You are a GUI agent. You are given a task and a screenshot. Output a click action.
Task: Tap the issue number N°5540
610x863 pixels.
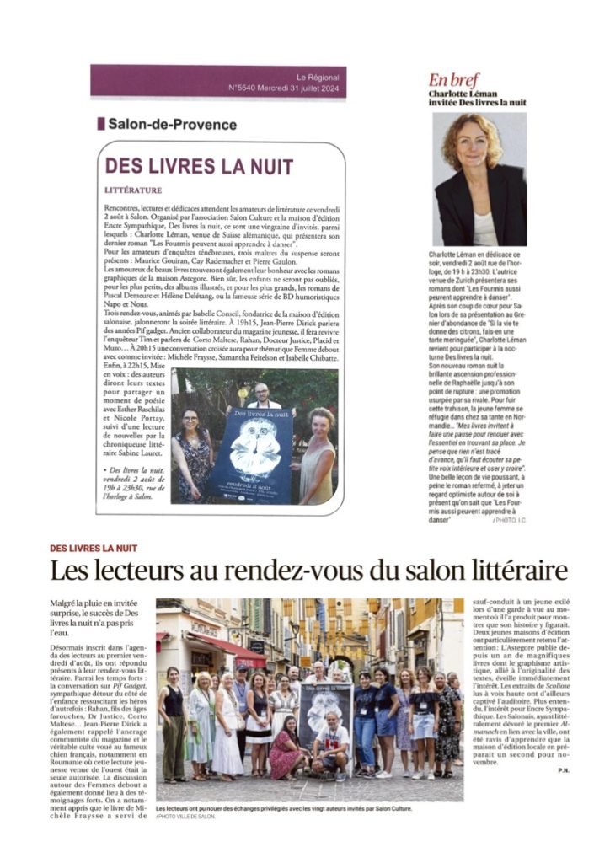(245, 86)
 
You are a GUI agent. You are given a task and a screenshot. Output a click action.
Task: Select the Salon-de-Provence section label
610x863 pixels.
(172, 124)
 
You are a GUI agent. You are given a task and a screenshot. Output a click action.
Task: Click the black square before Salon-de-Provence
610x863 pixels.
(101, 124)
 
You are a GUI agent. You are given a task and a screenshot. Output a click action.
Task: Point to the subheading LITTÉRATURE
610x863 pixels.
(133, 190)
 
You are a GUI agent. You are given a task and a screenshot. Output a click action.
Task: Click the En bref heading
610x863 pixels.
(453, 80)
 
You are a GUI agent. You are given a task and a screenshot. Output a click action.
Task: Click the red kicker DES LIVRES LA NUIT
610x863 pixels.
(93, 549)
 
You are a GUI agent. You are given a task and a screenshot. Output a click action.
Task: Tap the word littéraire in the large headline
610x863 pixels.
(508, 571)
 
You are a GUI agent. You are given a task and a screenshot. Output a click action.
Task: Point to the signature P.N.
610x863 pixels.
(563, 770)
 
